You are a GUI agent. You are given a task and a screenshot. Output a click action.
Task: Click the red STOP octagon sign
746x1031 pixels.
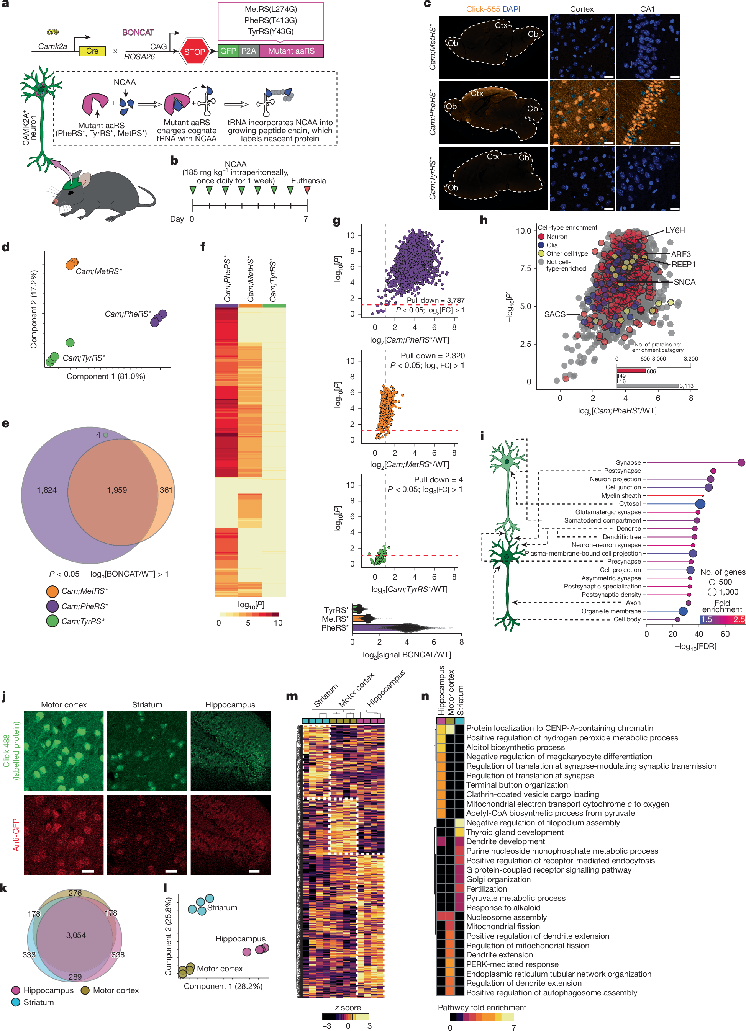[194, 51]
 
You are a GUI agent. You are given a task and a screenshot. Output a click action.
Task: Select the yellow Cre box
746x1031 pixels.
[92, 51]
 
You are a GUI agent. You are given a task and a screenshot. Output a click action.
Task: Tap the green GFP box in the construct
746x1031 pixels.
[228, 51]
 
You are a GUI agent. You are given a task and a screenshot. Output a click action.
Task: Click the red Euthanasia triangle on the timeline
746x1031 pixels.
[307, 190]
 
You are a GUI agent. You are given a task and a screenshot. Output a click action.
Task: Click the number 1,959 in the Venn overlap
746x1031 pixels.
[117, 490]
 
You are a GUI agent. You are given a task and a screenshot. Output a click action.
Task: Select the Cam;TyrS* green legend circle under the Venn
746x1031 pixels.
[52, 621]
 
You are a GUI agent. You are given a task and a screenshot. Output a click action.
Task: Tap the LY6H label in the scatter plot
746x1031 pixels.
[675, 230]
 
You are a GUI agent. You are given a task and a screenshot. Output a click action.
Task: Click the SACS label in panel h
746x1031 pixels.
[554, 314]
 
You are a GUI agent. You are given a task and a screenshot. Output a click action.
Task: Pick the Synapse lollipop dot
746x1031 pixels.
[741, 463]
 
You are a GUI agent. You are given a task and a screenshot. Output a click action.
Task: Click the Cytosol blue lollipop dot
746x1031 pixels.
[700, 504]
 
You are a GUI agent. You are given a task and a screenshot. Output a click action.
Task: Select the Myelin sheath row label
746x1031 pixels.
[621, 495]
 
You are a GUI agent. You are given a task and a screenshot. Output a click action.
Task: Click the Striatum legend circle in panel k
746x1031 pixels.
[16, 1002]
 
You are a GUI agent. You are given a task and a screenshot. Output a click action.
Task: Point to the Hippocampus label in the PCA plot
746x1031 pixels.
[240, 939]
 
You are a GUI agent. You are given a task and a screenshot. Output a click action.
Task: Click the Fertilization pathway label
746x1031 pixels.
[486, 889]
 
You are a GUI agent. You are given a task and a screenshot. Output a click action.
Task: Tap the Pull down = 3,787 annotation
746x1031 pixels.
[435, 301]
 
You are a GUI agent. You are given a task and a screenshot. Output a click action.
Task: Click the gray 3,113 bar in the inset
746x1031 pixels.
[647, 386]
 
